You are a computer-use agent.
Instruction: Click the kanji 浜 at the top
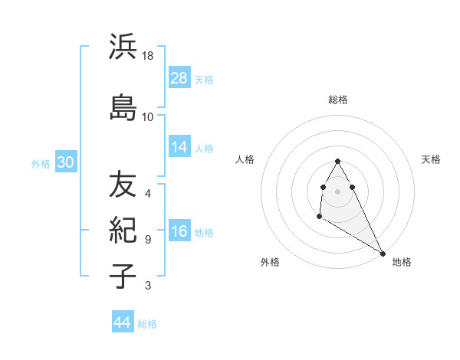123,47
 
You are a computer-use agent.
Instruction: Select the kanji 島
123,107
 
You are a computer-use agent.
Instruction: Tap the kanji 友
123,185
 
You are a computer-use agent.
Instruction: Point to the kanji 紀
123,230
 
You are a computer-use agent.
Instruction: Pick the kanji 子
123,276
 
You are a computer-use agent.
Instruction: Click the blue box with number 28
179,78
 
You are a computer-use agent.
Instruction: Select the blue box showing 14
179,147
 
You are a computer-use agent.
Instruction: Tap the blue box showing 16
179,232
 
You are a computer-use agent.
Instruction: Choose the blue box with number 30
65,162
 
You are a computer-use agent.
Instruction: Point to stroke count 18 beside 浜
148,56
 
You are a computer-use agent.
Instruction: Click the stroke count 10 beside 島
148,116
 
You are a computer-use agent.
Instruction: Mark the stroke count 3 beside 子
148,286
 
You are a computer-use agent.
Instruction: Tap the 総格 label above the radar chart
338,100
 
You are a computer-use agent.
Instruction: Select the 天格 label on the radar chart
431,159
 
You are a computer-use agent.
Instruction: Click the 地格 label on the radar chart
402,262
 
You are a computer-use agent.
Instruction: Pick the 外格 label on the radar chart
270,262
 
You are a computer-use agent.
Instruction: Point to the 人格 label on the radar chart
245,159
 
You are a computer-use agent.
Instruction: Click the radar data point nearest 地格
383,253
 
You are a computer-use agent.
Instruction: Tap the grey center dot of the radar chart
338,191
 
